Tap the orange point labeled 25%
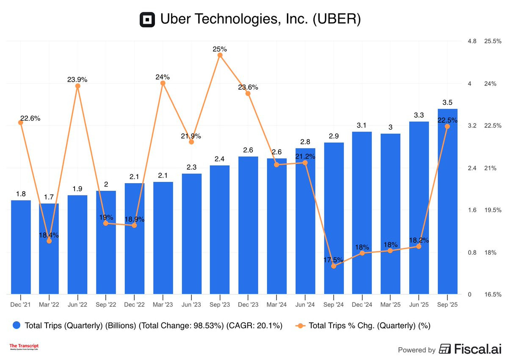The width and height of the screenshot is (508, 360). coord(220,55)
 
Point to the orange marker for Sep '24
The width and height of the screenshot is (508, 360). coord(334,266)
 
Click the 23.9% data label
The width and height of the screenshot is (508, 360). coord(77,79)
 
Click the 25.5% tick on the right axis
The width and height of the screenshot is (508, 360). coord(493,41)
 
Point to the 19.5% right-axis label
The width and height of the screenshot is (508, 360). coord(493,210)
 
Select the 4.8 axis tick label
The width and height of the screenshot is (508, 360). coord(472,41)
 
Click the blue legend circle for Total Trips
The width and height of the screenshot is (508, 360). coord(17,325)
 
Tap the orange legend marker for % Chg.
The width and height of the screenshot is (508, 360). coord(300,325)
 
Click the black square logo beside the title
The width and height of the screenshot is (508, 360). coord(148,20)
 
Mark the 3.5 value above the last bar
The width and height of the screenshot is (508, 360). coord(447,102)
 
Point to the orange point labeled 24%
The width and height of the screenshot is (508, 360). coord(163,83)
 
